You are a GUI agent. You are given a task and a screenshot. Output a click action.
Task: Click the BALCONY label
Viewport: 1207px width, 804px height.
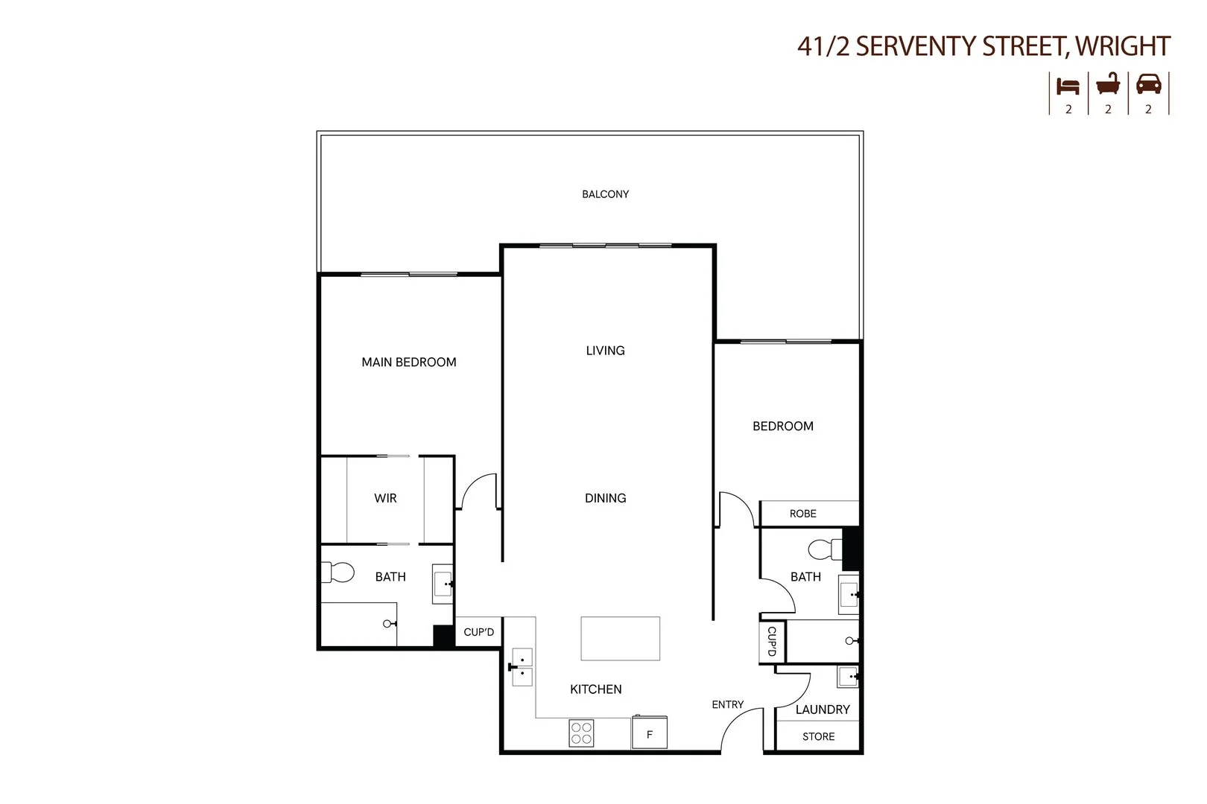tap(605, 194)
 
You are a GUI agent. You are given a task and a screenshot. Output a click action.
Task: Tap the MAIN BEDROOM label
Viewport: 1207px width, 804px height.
tap(408, 363)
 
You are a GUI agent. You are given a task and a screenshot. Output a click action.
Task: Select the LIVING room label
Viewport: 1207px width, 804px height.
tap(605, 351)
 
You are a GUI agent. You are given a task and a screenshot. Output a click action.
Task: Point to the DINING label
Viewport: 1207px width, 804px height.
tap(605, 498)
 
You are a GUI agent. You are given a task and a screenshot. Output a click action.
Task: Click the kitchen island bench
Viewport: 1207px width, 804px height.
tap(620, 638)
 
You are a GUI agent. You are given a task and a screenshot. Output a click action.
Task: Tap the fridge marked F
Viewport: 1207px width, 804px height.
tap(649, 733)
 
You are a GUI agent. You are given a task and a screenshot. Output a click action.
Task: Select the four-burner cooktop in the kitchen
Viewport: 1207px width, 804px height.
tap(581, 733)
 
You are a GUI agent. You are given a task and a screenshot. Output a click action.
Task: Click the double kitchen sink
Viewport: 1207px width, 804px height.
tap(522, 667)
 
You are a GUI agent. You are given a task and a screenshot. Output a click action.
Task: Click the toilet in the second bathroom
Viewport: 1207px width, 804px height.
tap(822, 549)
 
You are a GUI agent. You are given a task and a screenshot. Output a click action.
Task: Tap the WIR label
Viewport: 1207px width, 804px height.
tap(385, 498)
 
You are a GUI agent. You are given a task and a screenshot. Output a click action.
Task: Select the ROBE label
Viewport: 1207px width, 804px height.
tap(802, 514)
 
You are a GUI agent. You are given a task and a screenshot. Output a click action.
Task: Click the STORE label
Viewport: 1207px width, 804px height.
tap(818, 736)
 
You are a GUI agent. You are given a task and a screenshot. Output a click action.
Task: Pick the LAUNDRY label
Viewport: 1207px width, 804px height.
tap(822, 709)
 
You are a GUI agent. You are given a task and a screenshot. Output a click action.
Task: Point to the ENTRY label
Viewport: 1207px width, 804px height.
tap(727, 704)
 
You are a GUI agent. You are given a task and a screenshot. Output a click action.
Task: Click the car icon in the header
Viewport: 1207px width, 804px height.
tap(1148, 85)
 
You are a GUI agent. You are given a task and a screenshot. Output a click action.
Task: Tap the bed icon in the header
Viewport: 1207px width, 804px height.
tap(1068, 86)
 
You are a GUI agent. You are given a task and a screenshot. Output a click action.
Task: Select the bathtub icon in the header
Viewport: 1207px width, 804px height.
tap(1108, 84)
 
